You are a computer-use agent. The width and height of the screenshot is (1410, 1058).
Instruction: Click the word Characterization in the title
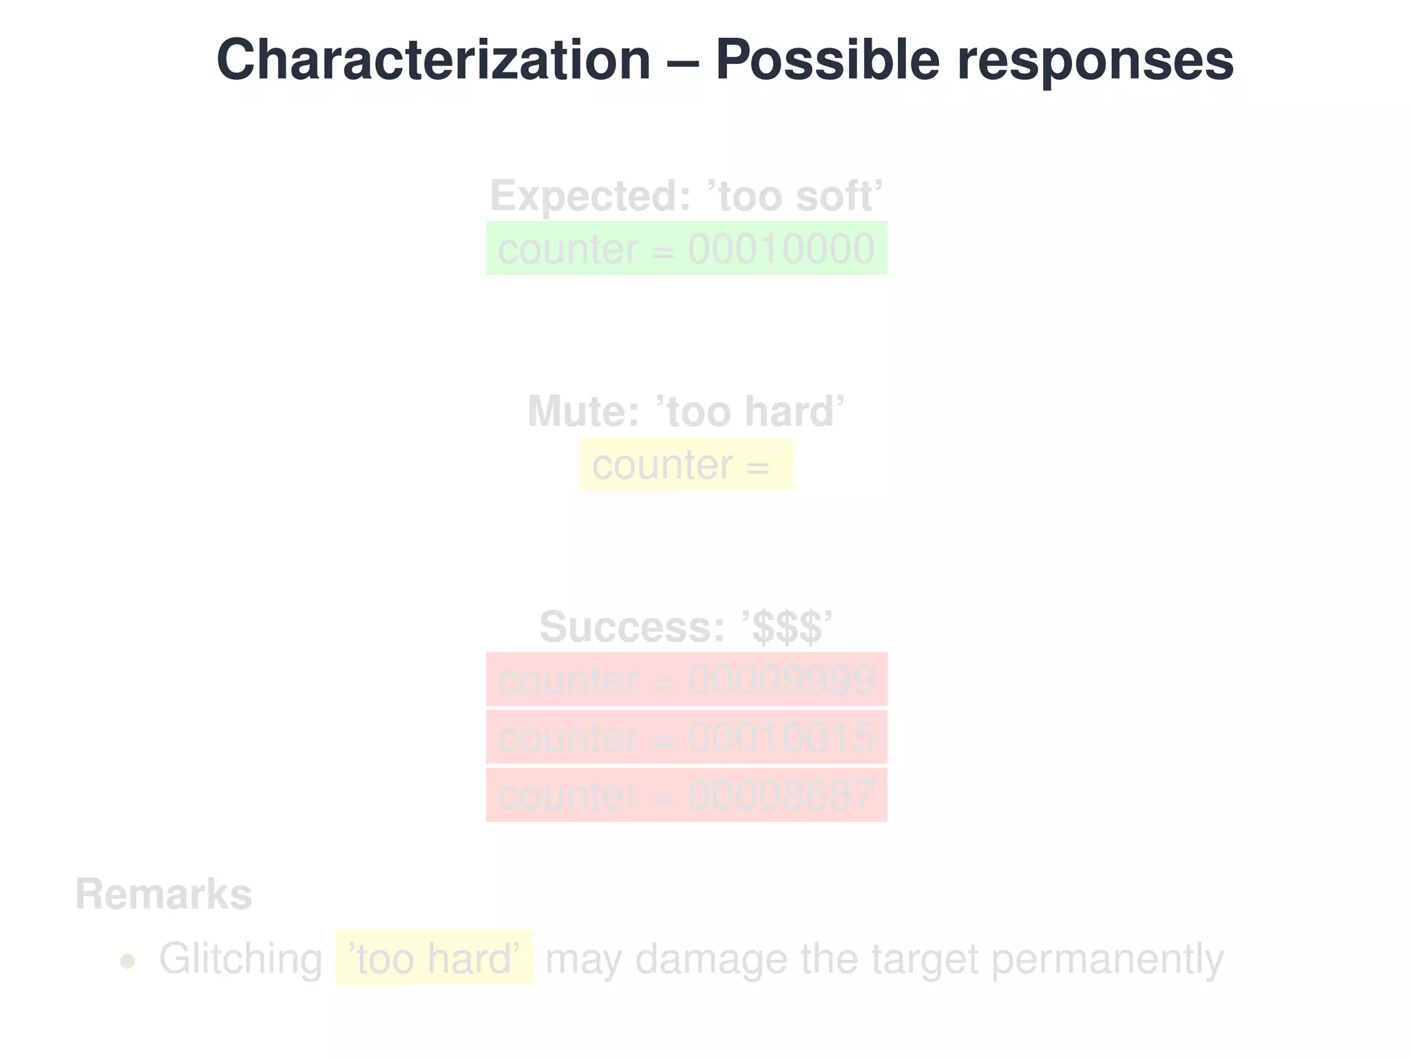click(x=433, y=61)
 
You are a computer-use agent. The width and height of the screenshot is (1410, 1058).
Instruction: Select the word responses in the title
click(x=1095, y=61)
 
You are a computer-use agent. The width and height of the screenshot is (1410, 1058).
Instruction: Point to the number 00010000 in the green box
click(x=781, y=249)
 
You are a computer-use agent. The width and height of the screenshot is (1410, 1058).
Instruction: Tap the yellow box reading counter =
click(x=686, y=465)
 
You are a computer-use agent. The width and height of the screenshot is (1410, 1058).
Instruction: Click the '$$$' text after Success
click(x=787, y=627)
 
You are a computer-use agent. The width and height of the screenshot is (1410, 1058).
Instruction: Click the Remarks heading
click(x=164, y=894)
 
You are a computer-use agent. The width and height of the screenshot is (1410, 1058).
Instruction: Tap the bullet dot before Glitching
click(x=127, y=961)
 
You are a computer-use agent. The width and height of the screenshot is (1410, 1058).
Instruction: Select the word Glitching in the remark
click(x=240, y=959)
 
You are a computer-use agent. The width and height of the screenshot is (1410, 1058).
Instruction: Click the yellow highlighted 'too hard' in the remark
click(x=434, y=959)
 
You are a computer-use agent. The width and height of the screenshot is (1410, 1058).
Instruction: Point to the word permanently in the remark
click(x=1107, y=959)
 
